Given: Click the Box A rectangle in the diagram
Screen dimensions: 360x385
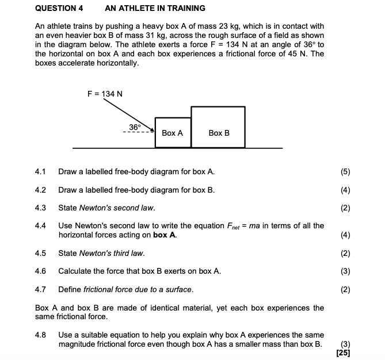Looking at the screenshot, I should point(172,133).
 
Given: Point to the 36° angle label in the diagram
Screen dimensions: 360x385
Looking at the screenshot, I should point(135,126).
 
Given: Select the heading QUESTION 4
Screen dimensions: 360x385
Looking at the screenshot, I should point(59,8).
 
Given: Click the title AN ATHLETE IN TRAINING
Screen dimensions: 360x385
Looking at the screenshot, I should point(155,8).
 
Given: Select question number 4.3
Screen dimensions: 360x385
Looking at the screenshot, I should point(40,208).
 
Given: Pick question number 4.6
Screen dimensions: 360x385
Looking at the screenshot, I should point(40,271).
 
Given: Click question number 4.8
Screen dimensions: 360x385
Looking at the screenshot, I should point(40,335).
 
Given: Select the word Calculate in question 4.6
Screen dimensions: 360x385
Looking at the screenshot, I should point(75,271).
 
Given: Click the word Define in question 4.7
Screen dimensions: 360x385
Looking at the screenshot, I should point(70,289).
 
